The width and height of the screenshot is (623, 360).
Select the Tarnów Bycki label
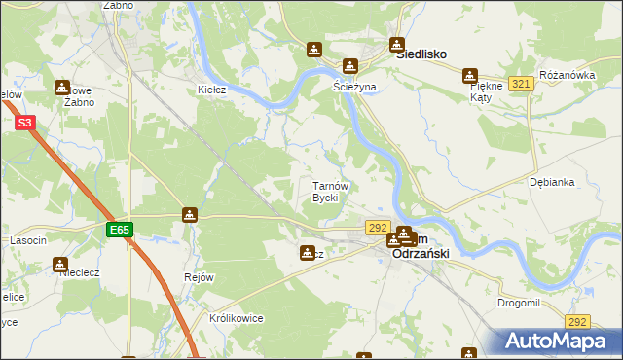click(x=324, y=192)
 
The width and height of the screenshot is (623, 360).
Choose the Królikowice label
click(x=237, y=318)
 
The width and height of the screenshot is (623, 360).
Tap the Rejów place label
click(x=199, y=277)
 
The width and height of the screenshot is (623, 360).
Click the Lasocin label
click(x=28, y=239)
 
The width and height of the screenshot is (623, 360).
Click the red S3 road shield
click(x=26, y=123)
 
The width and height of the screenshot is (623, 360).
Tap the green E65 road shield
click(x=120, y=230)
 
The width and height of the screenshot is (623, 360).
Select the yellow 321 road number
click(x=521, y=85)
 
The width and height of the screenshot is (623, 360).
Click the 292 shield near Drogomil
click(x=578, y=321)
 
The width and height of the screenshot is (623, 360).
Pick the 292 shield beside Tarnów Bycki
click(x=379, y=227)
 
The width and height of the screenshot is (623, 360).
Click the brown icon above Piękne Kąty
click(x=470, y=75)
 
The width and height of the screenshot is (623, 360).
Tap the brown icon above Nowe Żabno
click(x=63, y=87)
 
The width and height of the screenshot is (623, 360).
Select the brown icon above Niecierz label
click(x=60, y=263)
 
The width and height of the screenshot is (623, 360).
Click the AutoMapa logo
click(x=560, y=342)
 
